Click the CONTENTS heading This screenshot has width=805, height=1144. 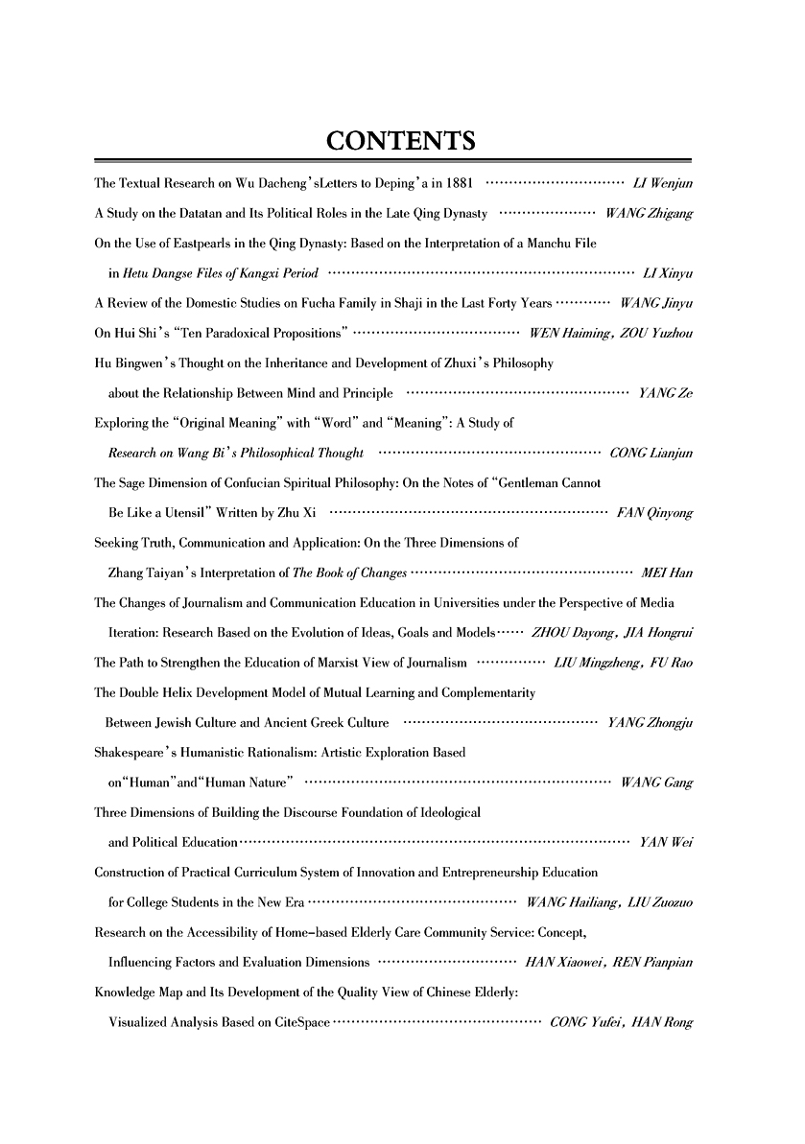(401, 142)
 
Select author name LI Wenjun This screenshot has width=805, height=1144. (664, 182)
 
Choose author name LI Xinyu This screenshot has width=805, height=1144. (669, 274)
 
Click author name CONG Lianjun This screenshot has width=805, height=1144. (651, 454)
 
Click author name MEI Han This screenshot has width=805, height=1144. (667, 574)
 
